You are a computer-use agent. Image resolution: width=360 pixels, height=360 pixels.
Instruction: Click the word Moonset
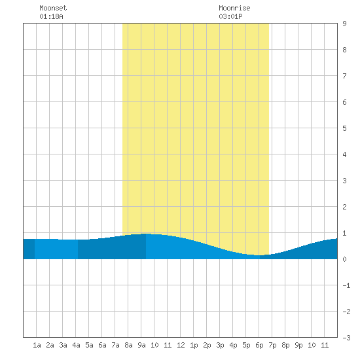(x=53, y=8)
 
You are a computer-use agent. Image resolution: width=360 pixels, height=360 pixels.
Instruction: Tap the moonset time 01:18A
(x=51, y=16)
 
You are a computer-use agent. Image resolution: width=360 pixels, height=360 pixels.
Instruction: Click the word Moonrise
(x=234, y=8)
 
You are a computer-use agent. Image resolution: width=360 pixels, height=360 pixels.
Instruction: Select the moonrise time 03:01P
(x=230, y=16)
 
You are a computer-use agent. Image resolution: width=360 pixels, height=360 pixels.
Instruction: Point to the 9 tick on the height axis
(x=344, y=24)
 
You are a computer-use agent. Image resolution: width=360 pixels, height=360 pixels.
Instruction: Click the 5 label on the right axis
(x=344, y=128)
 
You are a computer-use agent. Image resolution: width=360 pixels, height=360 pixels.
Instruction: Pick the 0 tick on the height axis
(x=344, y=259)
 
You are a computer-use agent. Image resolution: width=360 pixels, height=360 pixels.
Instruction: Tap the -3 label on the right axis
(x=346, y=338)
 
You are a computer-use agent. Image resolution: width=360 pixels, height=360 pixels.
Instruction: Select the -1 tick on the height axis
(x=346, y=285)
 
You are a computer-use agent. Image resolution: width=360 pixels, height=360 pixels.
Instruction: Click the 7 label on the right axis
(x=344, y=76)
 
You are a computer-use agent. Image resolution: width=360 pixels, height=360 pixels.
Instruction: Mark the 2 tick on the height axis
(x=344, y=207)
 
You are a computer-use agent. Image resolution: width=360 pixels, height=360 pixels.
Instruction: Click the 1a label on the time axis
(x=37, y=345)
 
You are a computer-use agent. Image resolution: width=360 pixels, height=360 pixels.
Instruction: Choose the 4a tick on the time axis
(x=76, y=345)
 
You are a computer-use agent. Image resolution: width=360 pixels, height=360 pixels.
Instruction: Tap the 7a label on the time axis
(x=115, y=345)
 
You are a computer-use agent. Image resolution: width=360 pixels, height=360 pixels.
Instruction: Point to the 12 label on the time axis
(x=181, y=345)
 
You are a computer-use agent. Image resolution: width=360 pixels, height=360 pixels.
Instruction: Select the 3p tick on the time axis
(x=220, y=345)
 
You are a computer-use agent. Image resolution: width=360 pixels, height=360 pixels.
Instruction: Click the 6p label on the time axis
(x=259, y=345)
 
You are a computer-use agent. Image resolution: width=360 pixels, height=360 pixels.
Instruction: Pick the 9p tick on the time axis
(x=298, y=345)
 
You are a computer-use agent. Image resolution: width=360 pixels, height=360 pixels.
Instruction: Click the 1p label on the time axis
(x=194, y=345)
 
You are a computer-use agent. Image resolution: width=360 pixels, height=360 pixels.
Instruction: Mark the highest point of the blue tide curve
(x=146, y=234)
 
